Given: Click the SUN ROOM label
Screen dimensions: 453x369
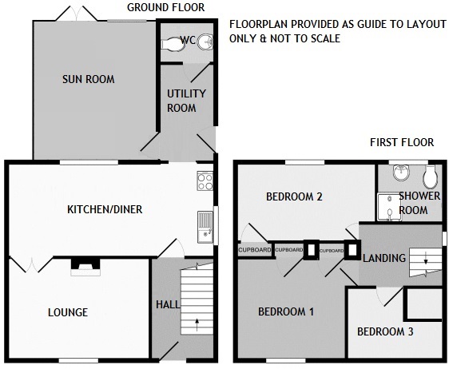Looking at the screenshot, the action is [89, 79].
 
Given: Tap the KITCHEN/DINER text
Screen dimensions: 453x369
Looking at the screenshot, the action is [105, 209].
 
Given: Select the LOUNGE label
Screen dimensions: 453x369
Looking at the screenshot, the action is [68, 312].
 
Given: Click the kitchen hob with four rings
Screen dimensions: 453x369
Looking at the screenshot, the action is [205, 181].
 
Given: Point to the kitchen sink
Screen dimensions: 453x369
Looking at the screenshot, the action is [205, 227].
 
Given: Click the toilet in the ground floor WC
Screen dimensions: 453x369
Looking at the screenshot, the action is [173, 44].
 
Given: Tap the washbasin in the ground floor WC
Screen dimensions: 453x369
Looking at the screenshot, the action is [205, 42].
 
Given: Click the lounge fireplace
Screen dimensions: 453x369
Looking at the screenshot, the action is [85, 267].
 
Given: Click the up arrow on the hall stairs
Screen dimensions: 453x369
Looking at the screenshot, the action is [197, 324].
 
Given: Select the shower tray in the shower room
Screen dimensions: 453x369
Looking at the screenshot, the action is [389, 207].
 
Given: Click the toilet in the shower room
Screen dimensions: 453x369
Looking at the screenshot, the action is [430, 177].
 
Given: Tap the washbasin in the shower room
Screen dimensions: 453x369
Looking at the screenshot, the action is [401, 173].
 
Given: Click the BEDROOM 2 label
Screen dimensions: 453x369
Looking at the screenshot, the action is [294, 197].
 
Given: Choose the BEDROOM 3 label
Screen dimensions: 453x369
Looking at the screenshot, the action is [385, 331].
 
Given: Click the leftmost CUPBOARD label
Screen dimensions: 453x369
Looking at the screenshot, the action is [255, 250].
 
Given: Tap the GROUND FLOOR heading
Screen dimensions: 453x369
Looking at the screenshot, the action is [166, 7].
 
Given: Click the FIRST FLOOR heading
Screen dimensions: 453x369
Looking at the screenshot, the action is [402, 142].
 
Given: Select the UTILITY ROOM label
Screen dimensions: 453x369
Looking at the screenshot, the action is [186, 101].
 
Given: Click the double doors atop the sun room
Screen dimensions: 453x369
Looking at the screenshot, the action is [77, 14].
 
